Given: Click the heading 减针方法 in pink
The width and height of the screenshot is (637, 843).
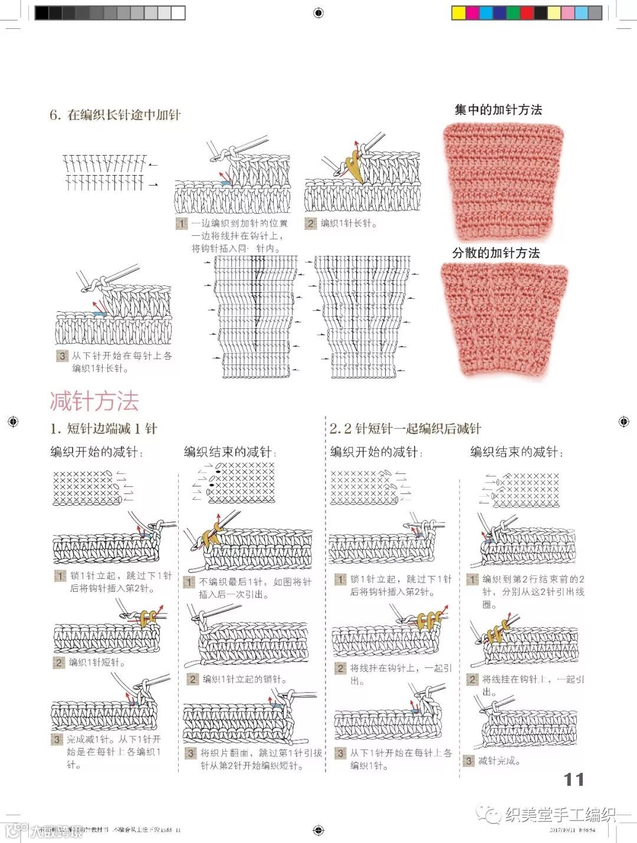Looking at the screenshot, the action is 94,401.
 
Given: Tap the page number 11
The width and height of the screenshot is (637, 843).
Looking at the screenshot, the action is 573,779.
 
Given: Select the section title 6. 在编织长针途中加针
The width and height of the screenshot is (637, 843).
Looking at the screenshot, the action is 115,115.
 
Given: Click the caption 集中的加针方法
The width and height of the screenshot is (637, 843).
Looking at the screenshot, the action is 498,110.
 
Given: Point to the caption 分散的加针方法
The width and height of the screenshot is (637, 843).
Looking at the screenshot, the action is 496,253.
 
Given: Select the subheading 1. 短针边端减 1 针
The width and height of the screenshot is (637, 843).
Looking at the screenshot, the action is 104,429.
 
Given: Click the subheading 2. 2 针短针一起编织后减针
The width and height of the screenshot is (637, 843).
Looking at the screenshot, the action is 405,429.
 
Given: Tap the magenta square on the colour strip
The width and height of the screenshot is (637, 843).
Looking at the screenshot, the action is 473,13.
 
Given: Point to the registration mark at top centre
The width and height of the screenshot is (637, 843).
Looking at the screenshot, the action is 318,13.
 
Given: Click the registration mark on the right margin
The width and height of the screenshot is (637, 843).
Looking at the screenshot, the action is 623,422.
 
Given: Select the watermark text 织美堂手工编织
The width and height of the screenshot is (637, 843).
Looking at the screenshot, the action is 560,815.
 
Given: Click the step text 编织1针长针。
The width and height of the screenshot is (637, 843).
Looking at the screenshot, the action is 348,223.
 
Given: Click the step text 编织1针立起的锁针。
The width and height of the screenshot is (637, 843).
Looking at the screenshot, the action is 244,679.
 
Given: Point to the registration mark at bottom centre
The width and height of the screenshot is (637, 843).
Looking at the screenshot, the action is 318,830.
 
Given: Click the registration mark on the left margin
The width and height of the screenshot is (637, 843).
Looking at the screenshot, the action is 13,422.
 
